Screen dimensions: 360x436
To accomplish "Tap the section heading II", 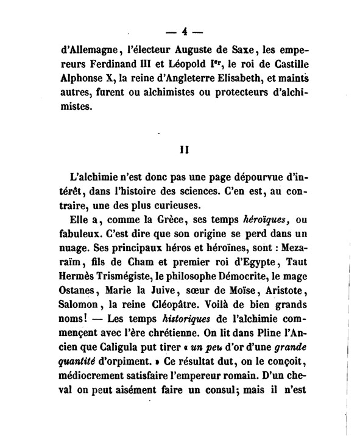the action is point(181,148).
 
